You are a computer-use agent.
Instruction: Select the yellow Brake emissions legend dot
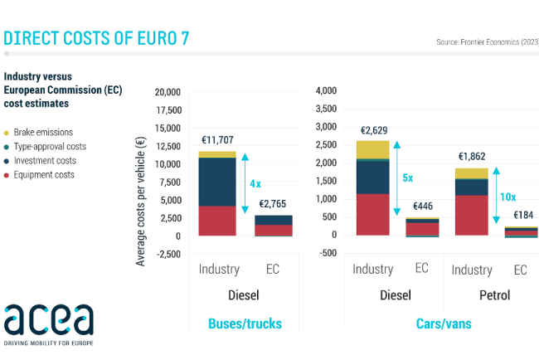7,133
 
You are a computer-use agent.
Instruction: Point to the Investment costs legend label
46,160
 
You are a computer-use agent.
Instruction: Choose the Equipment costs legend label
45,174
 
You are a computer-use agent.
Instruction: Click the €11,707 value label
218,141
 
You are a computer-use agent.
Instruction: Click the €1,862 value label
473,157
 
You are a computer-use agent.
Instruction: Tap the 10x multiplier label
507,197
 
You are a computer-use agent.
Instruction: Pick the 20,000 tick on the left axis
167,92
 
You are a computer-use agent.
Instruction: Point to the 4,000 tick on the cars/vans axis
324,90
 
